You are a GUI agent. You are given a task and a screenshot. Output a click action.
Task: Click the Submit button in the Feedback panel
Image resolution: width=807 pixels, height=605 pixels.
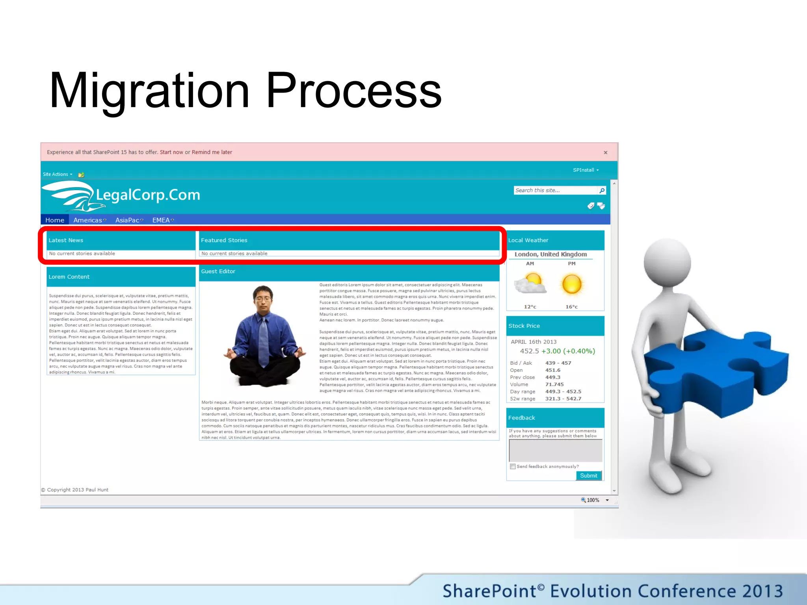point(588,475)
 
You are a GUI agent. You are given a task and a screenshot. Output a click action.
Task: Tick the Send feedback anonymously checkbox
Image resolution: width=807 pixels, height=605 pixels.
point(513,466)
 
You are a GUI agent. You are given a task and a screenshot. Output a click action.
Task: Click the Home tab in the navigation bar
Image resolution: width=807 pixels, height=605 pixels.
point(55,220)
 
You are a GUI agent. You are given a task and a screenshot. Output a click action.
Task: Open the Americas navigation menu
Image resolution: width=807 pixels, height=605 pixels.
point(89,220)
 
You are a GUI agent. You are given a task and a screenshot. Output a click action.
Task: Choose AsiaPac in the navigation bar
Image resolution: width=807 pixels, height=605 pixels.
point(129,220)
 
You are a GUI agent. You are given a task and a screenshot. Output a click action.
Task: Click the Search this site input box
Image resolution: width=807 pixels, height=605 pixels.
point(555,190)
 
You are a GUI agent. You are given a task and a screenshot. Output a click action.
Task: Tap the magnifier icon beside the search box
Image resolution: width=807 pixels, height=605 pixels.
point(602,190)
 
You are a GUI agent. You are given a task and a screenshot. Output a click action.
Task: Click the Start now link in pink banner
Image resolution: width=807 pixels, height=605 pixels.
point(171,152)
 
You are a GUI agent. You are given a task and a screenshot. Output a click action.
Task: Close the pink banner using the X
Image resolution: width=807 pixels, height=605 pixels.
point(605,152)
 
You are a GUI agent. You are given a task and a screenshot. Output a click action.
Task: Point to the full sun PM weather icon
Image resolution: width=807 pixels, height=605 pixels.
point(572,284)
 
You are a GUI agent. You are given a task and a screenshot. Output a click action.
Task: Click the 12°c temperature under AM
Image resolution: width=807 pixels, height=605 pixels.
point(530,306)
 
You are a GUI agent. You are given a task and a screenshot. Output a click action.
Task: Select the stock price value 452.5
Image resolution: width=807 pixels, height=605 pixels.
point(529,351)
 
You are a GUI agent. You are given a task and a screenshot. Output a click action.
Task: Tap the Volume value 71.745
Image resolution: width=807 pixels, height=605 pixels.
point(554,384)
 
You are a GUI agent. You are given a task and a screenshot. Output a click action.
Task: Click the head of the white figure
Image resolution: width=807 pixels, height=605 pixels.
point(667,262)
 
